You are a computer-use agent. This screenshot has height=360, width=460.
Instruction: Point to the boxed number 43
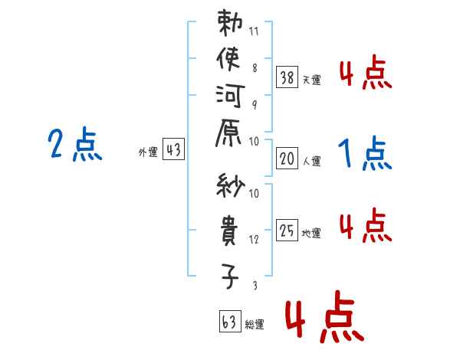point(173,150)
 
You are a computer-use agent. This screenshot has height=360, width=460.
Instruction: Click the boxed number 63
point(229,322)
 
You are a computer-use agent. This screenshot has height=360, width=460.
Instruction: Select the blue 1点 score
point(366,155)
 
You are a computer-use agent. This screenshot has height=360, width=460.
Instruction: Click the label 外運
point(148,152)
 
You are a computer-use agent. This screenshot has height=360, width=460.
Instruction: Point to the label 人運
point(312,161)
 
